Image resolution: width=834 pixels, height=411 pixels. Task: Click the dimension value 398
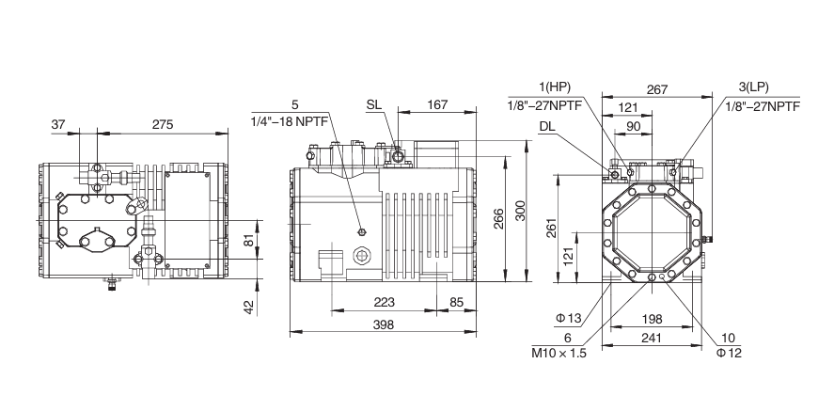click(x=383, y=324)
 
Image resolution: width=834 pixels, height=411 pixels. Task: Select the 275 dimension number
click(x=163, y=124)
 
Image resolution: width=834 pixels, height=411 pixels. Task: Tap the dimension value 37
click(x=58, y=124)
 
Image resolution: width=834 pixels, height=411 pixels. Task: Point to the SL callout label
click(x=374, y=104)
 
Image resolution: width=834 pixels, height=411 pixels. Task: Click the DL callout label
click(x=547, y=127)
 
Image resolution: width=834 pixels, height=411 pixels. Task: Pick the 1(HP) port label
click(x=554, y=87)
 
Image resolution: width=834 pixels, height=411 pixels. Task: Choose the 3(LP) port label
click(x=754, y=87)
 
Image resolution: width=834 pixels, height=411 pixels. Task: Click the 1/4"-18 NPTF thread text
click(x=286, y=120)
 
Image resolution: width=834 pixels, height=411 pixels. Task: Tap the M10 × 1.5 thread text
click(x=559, y=353)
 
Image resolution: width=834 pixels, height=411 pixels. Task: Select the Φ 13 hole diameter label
click(x=569, y=319)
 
